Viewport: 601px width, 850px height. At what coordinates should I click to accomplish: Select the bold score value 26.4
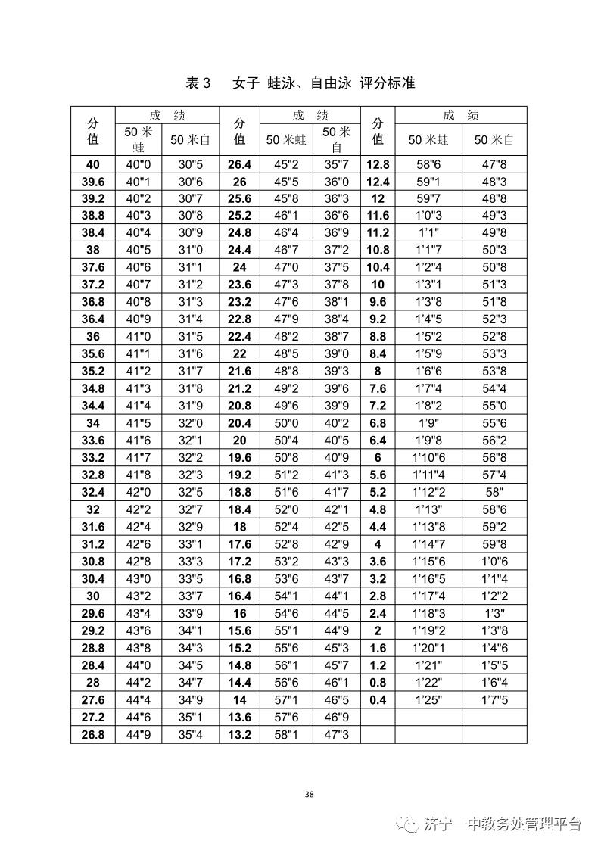[x=239, y=164]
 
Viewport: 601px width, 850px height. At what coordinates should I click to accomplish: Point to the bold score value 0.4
[x=378, y=700]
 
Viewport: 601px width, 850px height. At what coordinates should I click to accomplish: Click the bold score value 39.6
[x=92, y=182]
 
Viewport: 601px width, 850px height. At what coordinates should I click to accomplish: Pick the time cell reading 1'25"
[x=428, y=700]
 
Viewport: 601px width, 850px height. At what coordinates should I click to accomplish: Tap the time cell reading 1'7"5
[x=494, y=700]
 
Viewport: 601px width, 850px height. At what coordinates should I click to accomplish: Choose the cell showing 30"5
[x=191, y=164]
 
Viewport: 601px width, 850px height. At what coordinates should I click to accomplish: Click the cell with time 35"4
[x=191, y=735]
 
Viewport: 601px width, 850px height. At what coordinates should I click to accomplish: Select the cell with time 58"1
[x=286, y=735]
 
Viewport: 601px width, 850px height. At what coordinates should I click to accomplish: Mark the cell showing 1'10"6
[x=428, y=458]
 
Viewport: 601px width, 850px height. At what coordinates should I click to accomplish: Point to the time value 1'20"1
[x=428, y=648]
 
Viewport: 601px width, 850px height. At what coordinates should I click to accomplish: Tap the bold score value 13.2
[x=239, y=735]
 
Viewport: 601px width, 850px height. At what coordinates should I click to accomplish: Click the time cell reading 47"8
[x=494, y=164]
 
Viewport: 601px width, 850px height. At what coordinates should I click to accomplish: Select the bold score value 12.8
[x=378, y=164]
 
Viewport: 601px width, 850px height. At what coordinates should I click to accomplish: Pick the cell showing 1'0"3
[x=428, y=216]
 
